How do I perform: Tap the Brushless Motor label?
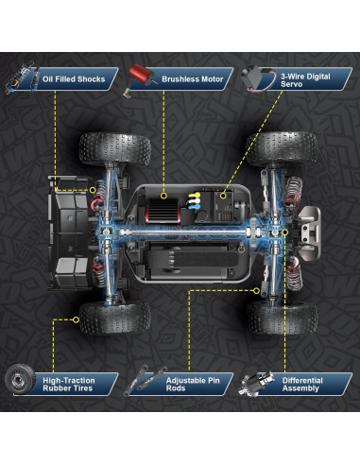coord(193,79)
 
